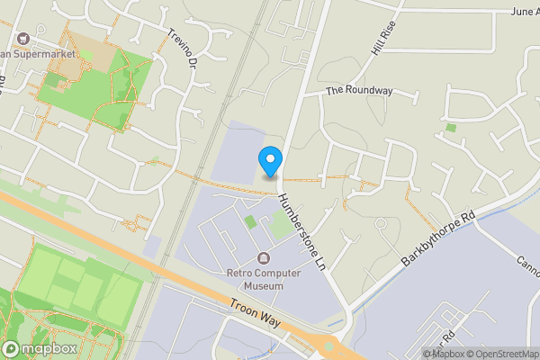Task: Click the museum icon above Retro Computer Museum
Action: tap(263, 259)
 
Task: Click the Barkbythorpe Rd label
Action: tap(437, 240)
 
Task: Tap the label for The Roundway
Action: tap(359, 90)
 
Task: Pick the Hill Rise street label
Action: tap(383, 40)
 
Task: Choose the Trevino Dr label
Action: tap(182, 49)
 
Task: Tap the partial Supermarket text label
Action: tap(45, 53)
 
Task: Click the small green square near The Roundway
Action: tap(451, 128)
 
